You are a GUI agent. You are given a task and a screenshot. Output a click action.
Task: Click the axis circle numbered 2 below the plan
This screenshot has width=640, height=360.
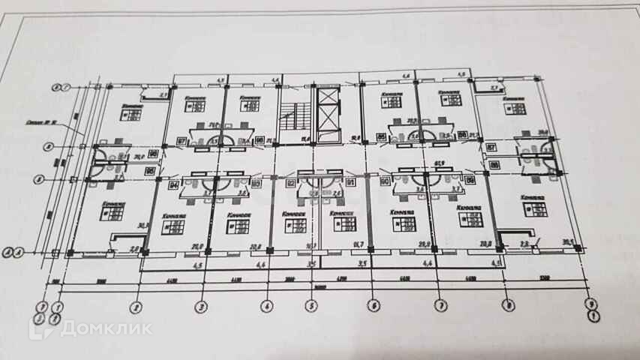[x=136, y=306]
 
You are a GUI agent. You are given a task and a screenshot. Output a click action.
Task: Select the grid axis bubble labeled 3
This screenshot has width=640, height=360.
[x=201, y=306]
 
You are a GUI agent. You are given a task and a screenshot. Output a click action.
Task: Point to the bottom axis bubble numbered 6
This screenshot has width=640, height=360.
[x=371, y=306]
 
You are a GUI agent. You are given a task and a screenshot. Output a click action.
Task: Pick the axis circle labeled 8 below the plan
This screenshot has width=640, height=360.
[x=509, y=306]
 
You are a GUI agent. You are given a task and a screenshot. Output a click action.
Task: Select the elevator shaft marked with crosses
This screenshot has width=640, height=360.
[x=329, y=112]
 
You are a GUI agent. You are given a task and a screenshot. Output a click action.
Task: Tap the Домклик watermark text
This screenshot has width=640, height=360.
[x=106, y=328]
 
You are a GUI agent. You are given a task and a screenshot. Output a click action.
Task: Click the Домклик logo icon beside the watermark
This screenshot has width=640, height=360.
[x=42, y=327]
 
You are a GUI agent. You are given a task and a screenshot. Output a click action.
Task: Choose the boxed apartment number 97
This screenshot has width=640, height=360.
[x=182, y=140]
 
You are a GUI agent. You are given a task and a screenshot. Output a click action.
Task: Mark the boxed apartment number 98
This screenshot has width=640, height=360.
[x=259, y=140]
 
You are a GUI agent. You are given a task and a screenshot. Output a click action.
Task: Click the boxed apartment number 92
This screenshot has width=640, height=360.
[x=289, y=181]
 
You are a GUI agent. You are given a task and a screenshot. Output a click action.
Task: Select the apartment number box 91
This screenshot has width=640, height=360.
[x=351, y=181]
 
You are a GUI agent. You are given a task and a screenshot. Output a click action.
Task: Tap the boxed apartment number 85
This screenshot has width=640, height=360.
[x=381, y=136]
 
